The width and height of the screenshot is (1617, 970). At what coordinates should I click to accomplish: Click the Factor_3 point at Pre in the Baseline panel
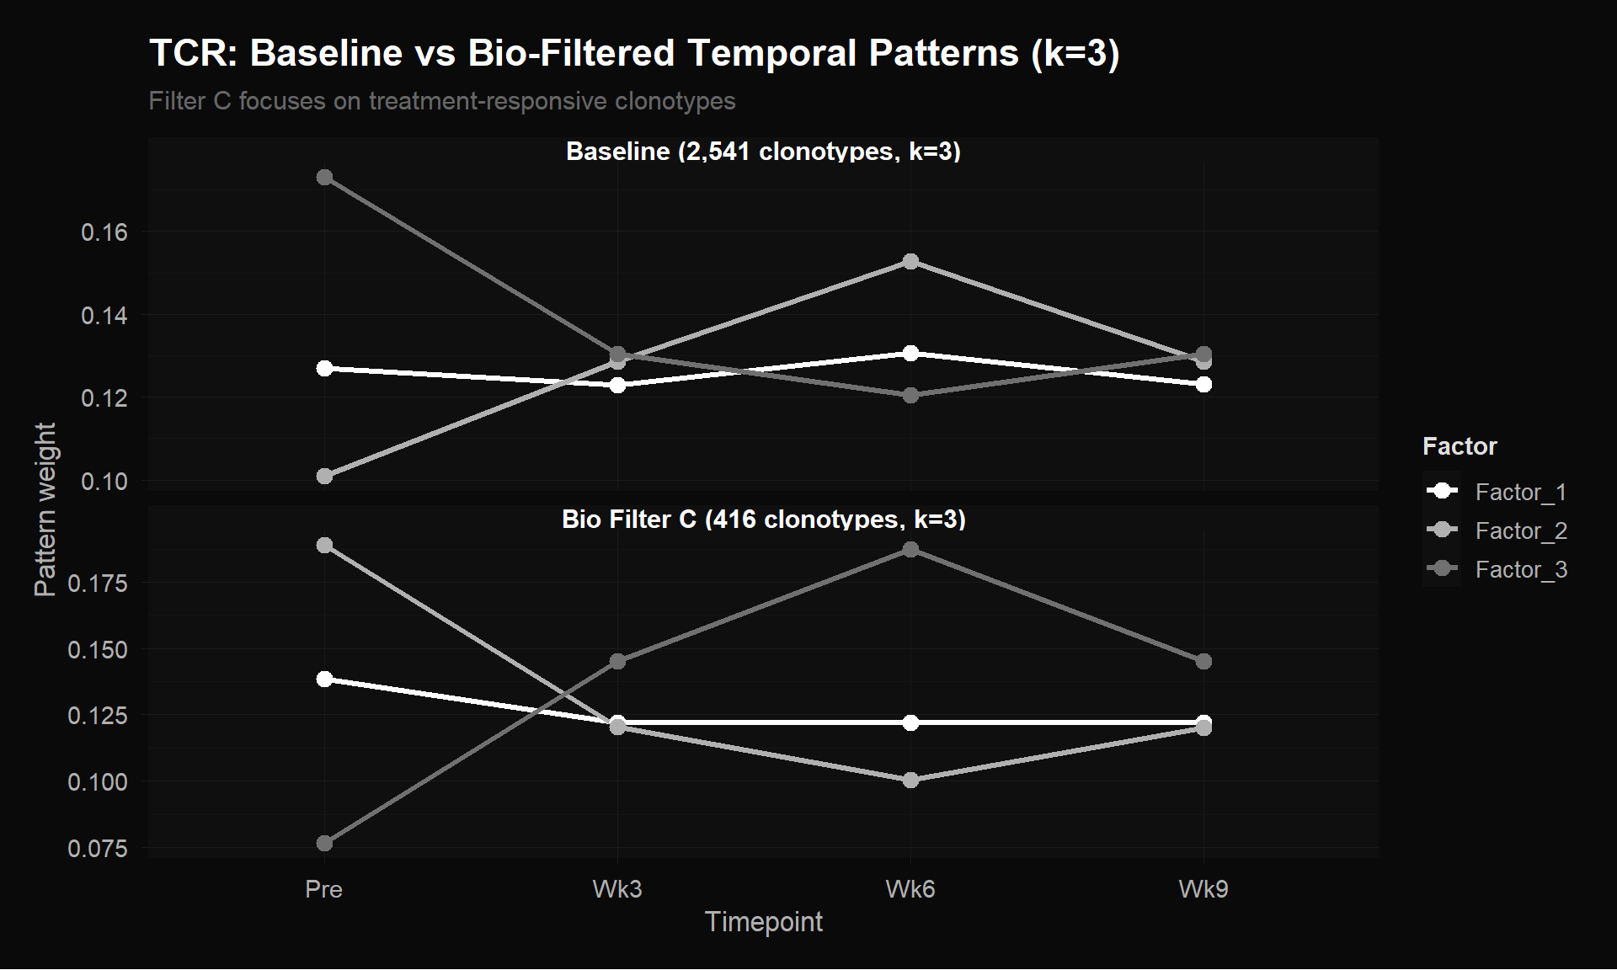(x=324, y=178)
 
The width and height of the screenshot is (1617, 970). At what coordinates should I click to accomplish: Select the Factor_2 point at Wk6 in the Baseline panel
(x=910, y=262)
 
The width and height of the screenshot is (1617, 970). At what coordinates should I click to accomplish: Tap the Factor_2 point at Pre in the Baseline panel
(x=324, y=477)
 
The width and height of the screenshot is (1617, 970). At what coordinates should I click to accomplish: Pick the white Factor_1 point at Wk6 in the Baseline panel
(x=910, y=353)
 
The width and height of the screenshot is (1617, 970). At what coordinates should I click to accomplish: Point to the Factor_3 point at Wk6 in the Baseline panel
(x=910, y=395)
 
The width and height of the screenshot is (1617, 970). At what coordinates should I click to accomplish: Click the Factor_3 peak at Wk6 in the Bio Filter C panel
(x=910, y=550)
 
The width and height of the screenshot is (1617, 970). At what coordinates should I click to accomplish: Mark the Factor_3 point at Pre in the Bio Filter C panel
(x=324, y=843)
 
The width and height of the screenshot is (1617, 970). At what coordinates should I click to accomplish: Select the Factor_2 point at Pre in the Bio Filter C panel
(x=324, y=546)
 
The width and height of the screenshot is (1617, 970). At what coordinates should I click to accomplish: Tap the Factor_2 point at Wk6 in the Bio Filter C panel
(x=910, y=781)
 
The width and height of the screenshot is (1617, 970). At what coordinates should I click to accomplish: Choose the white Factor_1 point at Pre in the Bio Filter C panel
(x=324, y=679)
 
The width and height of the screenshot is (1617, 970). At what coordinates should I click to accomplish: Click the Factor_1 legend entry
(x=1497, y=492)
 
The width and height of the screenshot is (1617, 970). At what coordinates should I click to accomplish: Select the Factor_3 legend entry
(x=1497, y=569)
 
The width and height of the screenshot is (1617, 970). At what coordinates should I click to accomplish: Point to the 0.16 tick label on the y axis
(x=104, y=232)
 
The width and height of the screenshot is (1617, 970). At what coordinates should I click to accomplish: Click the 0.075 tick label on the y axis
(x=98, y=848)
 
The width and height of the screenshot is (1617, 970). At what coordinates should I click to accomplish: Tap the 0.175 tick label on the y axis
(x=98, y=583)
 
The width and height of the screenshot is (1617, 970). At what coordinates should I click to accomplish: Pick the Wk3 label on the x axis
(x=617, y=889)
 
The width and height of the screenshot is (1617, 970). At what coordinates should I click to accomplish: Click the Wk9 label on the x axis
(x=1203, y=889)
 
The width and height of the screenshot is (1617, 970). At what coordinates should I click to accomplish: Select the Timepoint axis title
(x=764, y=922)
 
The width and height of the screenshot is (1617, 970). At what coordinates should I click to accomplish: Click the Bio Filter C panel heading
(x=764, y=519)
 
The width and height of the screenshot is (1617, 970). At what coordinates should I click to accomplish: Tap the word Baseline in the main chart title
(x=327, y=53)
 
